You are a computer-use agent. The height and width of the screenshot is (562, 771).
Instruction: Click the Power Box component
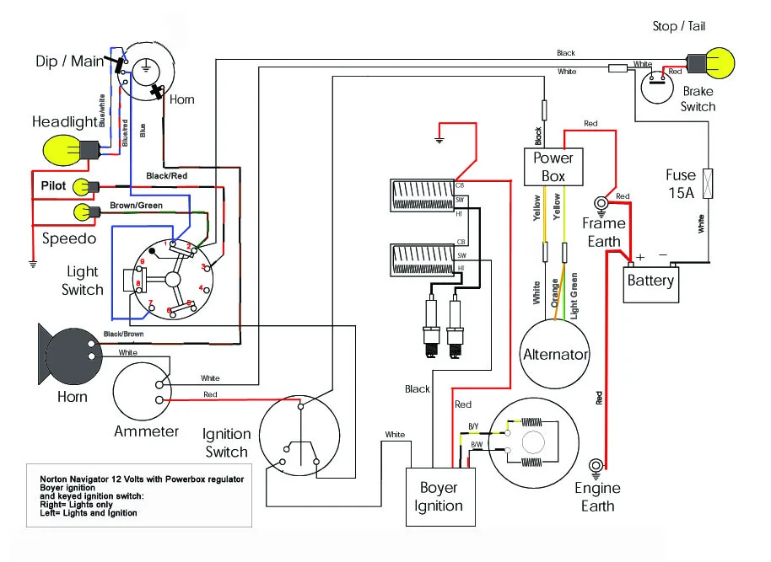tap(553, 167)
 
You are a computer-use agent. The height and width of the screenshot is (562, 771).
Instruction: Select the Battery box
tap(651, 280)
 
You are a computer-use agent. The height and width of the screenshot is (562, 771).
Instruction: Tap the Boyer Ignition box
tap(439, 497)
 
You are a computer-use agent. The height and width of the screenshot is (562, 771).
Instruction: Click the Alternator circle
tap(555, 354)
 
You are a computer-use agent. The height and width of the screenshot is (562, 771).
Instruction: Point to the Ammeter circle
tap(146, 393)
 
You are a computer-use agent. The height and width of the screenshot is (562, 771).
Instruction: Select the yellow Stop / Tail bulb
tap(718, 62)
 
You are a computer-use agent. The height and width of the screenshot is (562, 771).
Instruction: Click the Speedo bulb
tap(81, 211)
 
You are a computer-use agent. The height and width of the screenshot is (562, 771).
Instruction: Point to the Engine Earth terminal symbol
tap(597, 465)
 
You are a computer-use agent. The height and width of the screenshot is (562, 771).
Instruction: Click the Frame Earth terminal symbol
tap(602, 203)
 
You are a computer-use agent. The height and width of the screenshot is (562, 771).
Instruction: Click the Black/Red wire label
tap(166, 175)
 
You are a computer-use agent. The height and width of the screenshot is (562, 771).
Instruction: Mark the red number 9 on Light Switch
tap(143, 262)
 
